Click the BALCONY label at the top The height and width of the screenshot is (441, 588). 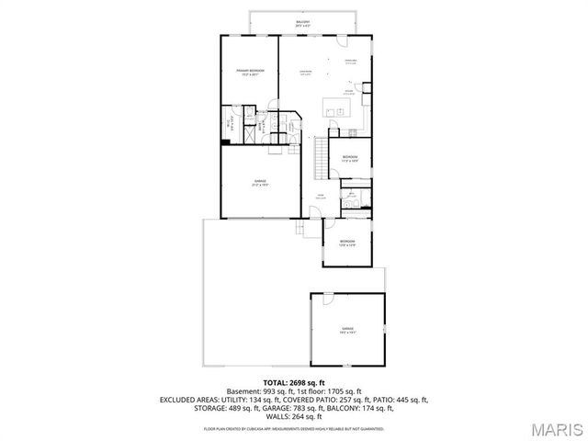(x=302, y=21)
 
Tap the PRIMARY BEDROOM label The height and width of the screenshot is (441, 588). (x=250, y=72)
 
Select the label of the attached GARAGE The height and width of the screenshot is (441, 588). (x=261, y=182)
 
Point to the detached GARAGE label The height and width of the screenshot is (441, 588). (x=348, y=328)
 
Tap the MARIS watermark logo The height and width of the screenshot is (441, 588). (x=554, y=427)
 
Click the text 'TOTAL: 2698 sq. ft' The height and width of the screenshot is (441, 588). (x=294, y=382)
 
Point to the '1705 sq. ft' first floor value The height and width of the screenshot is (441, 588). (x=345, y=391)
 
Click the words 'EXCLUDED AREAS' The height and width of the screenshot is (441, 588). (x=190, y=401)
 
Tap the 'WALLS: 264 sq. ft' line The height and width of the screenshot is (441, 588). (x=294, y=417)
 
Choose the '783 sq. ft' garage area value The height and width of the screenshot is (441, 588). (x=319, y=409)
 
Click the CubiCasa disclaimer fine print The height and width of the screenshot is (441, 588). (x=294, y=428)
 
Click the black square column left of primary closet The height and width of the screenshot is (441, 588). (x=224, y=141)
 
